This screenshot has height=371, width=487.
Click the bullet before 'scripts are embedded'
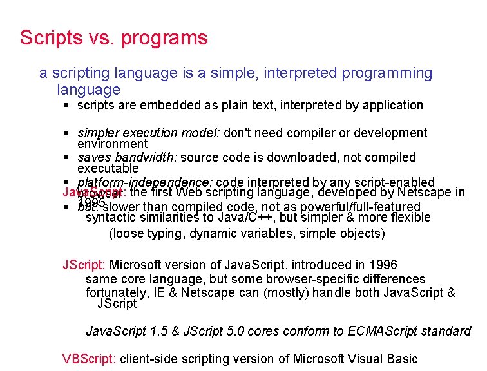tap(67, 105)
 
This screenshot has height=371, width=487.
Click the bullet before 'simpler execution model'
tap(67, 133)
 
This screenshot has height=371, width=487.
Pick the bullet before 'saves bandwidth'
tap(67, 158)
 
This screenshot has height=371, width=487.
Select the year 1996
tap(383, 265)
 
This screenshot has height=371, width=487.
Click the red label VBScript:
tap(89, 359)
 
